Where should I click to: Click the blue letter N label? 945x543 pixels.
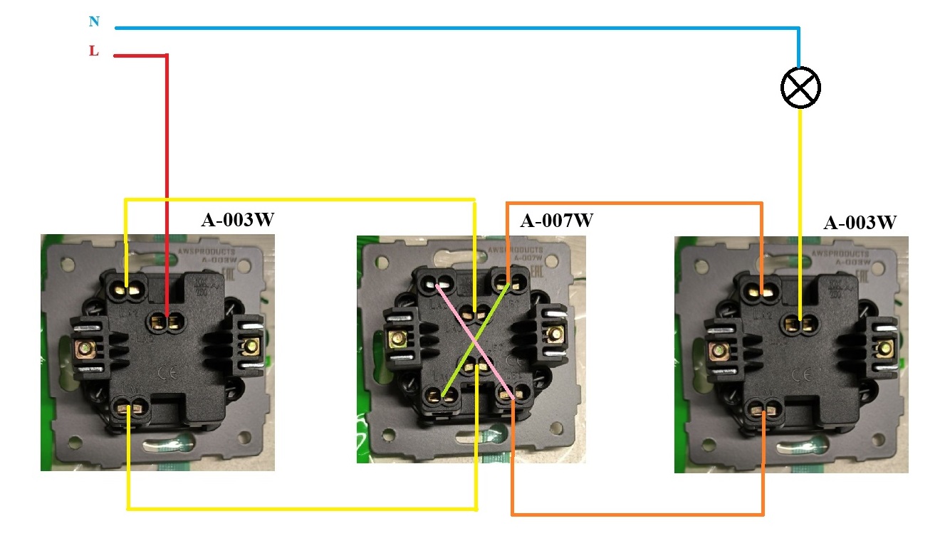tap(94, 21)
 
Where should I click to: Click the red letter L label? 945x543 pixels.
tap(93, 51)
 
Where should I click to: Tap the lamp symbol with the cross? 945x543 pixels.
tap(800, 88)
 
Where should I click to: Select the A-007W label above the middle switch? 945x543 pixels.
tap(556, 220)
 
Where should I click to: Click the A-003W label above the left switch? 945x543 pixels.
tap(237, 219)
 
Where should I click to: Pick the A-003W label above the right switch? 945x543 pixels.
tap(860, 222)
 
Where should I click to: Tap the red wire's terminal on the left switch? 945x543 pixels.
tap(165, 322)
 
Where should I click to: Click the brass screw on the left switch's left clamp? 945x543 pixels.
tap(85, 348)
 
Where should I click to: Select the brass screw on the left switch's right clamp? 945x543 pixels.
tap(249, 347)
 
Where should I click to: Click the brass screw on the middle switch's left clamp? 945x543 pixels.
tap(397, 337)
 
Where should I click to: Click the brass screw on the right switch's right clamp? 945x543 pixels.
tap(884, 349)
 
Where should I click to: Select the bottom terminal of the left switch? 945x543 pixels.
tap(129, 408)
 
